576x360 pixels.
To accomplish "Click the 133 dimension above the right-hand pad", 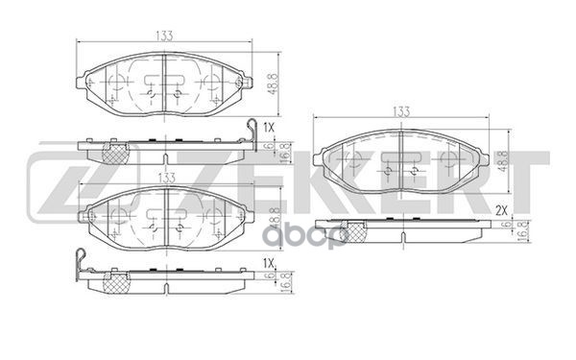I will click(x=400, y=112).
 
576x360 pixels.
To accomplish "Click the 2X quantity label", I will click(x=500, y=208).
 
